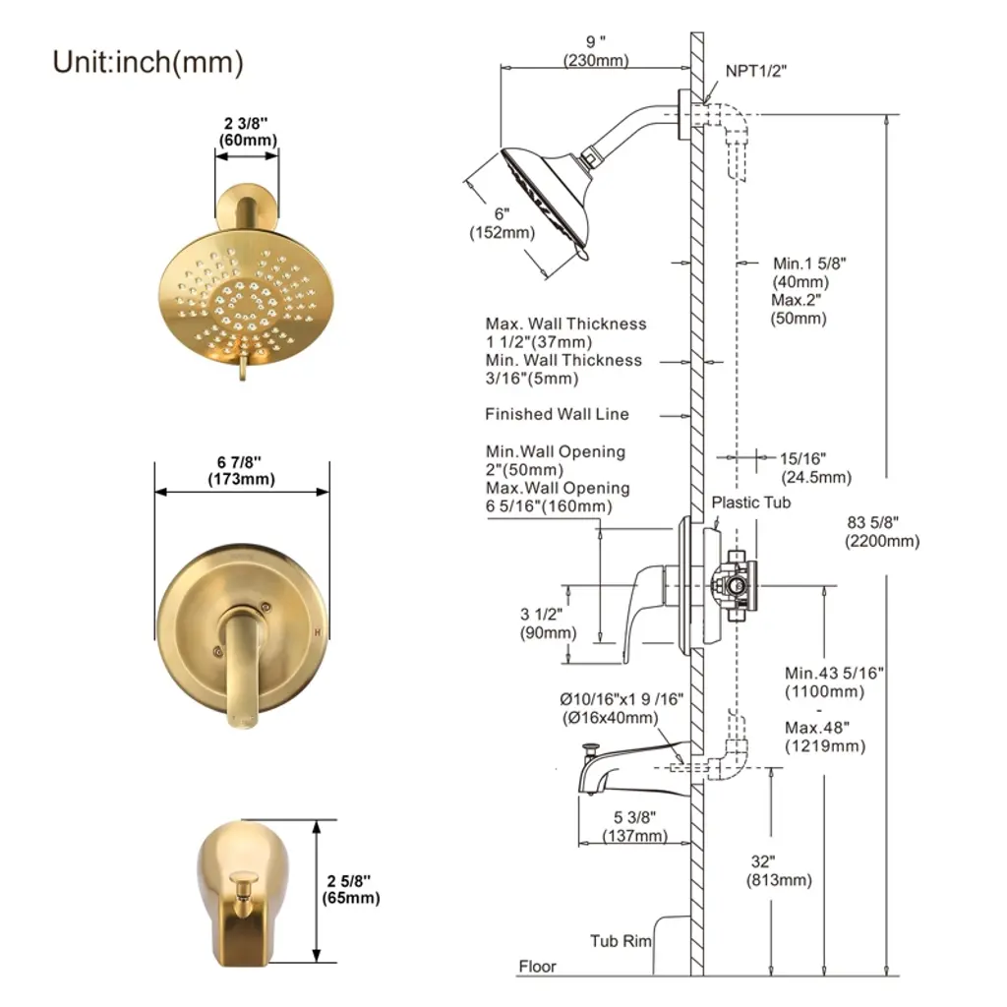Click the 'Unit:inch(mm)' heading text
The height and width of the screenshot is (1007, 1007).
pos(148,62)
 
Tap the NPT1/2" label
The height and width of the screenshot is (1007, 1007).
pos(756,71)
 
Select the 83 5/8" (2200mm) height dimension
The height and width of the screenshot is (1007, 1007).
pos(882,532)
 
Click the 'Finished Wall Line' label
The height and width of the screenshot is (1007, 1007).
pos(557,414)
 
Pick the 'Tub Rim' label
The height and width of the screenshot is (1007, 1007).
pos(621,941)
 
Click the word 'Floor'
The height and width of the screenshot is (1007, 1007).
pos(538,967)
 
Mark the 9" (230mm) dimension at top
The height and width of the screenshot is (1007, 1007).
pos(596,52)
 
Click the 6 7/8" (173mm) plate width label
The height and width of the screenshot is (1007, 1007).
pos(241,470)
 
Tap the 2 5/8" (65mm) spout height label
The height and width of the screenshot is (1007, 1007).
pos(351,888)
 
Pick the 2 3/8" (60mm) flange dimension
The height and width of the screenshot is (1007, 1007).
pos(246,132)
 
